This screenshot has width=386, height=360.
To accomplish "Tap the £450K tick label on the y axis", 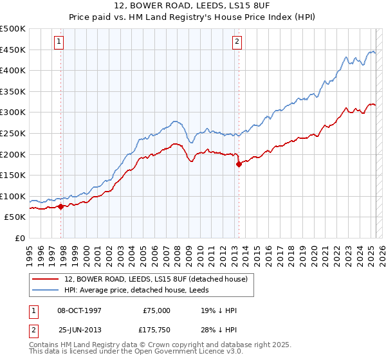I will click(x=13, y=50).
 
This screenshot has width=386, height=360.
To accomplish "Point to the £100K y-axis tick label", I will click(x=13, y=196).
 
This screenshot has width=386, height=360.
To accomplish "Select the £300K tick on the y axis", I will click(x=13, y=113).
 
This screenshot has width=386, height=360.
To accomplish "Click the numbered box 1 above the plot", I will click(x=59, y=42).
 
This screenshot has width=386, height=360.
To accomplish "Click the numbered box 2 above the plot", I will click(x=237, y=42).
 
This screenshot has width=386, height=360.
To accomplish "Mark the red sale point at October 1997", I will click(x=60, y=207).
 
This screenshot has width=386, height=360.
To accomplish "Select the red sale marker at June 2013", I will click(x=239, y=165).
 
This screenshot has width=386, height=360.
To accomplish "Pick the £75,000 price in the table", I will click(x=156, y=310).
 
